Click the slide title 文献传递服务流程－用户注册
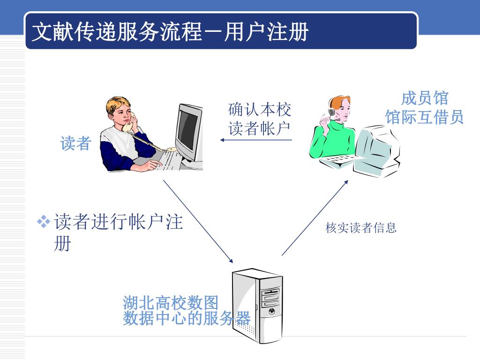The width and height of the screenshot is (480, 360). click(x=170, y=32)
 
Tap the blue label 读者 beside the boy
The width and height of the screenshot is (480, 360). click(x=75, y=143)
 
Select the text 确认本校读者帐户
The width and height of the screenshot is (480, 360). click(x=260, y=119)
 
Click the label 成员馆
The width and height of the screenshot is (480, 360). click(x=425, y=98)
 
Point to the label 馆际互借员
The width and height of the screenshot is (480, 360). click(x=425, y=117)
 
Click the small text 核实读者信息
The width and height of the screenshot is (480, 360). click(x=361, y=228)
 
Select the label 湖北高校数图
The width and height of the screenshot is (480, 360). click(x=171, y=302)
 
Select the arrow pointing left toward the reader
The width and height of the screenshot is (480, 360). click(x=256, y=139)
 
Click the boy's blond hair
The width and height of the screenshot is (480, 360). click(x=115, y=105)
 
